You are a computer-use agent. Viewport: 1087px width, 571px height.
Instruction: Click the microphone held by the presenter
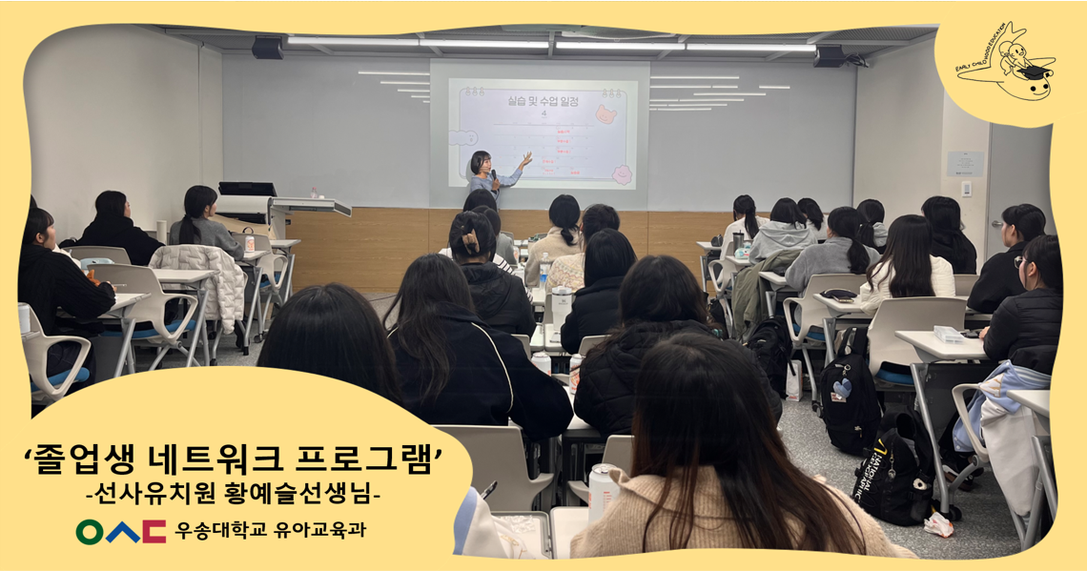(494, 175)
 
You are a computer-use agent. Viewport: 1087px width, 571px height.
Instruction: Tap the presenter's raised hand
(525, 158)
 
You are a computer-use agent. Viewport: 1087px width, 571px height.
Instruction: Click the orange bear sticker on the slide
(605, 113)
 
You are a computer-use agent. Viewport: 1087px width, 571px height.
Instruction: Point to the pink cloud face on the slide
(622, 175)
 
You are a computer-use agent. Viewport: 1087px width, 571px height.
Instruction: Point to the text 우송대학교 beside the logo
(215, 530)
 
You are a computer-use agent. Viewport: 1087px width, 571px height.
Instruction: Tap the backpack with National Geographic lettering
(891, 477)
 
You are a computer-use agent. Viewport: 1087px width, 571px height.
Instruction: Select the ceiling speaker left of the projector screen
(268, 48)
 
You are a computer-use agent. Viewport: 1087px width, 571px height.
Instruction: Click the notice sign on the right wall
(964, 163)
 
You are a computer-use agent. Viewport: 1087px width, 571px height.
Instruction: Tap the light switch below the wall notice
(965, 189)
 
